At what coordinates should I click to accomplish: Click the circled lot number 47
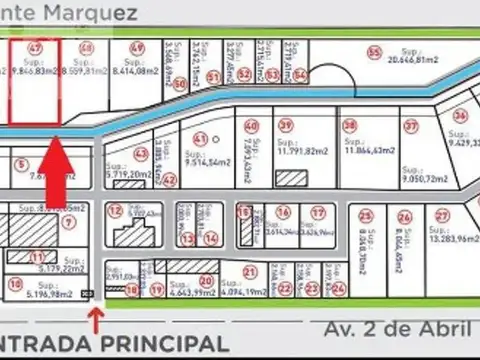pyautogui.click(x=35, y=47)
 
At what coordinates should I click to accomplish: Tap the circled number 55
pyautogui.click(x=375, y=52)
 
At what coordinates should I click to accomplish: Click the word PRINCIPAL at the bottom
pyautogui.click(x=161, y=342)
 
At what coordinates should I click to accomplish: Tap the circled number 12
pyautogui.click(x=116, y=211)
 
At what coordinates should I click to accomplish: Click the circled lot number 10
pyautogui.click(x=15, y=284)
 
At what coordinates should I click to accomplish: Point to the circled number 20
pyautogui.click(x=206, y=283)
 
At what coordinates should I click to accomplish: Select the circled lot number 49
pyautogui.click(x=136, y=48)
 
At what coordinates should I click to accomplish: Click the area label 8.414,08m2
pyautogui.click(x=137, y=71)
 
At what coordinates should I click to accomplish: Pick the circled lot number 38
pyautogui.click(x=349, y=125)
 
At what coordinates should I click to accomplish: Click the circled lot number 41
pyautogui.click(x=201, y=139)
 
